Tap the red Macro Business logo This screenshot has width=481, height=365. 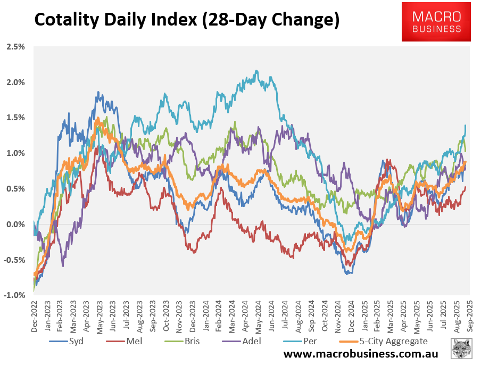coord(436,21)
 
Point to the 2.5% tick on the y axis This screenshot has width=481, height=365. coord(15,47)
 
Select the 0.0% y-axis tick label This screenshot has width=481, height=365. coord(15,225)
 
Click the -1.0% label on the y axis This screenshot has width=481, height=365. coord(14,295)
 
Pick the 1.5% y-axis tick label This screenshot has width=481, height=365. coord(15,118)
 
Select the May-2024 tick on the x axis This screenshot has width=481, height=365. coord(259,314)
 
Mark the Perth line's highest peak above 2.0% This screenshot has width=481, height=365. coord(257,71)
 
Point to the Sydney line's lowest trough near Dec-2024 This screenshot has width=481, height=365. coord(347,273)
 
